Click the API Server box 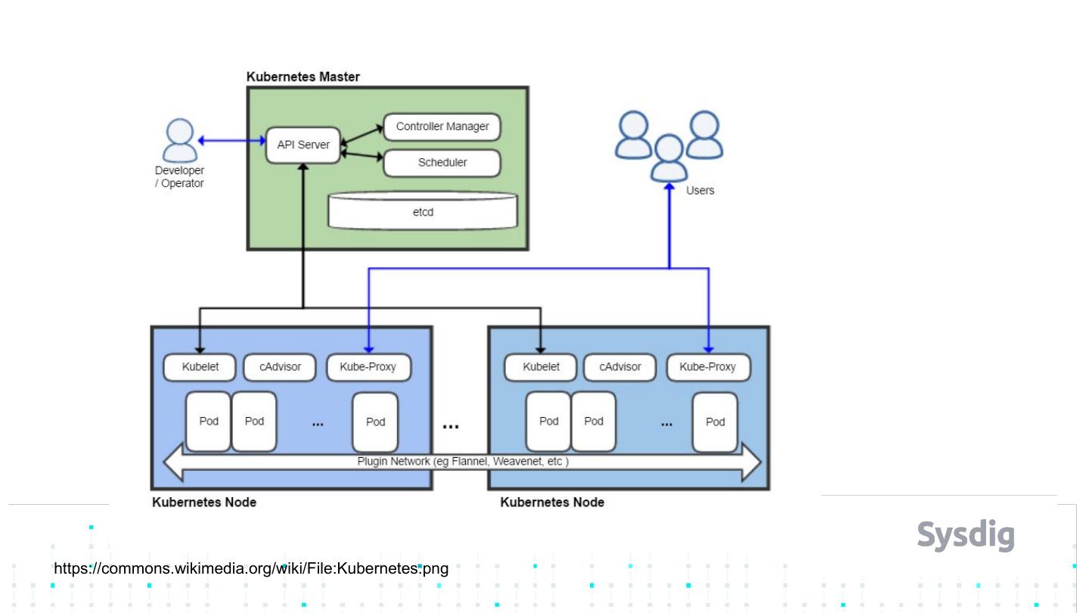click(302, 145)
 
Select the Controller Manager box click(442, 126)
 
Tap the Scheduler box click(442, 163)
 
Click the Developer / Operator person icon click(180, 141)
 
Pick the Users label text click(700, 191)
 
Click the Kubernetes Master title click(303, 76)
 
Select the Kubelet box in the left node click(200, 367)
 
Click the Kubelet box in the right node click(541, 367)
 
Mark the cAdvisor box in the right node click(620, 367)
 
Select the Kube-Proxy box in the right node click(708, 367)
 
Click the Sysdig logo click(966, 534)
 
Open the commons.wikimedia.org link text click(252, 568)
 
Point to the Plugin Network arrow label click(463, 461)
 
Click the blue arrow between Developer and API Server click(231, 140)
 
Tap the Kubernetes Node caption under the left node click(204, 502)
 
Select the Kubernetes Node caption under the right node click(552, 502)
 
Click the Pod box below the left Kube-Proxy click(375, 422)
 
